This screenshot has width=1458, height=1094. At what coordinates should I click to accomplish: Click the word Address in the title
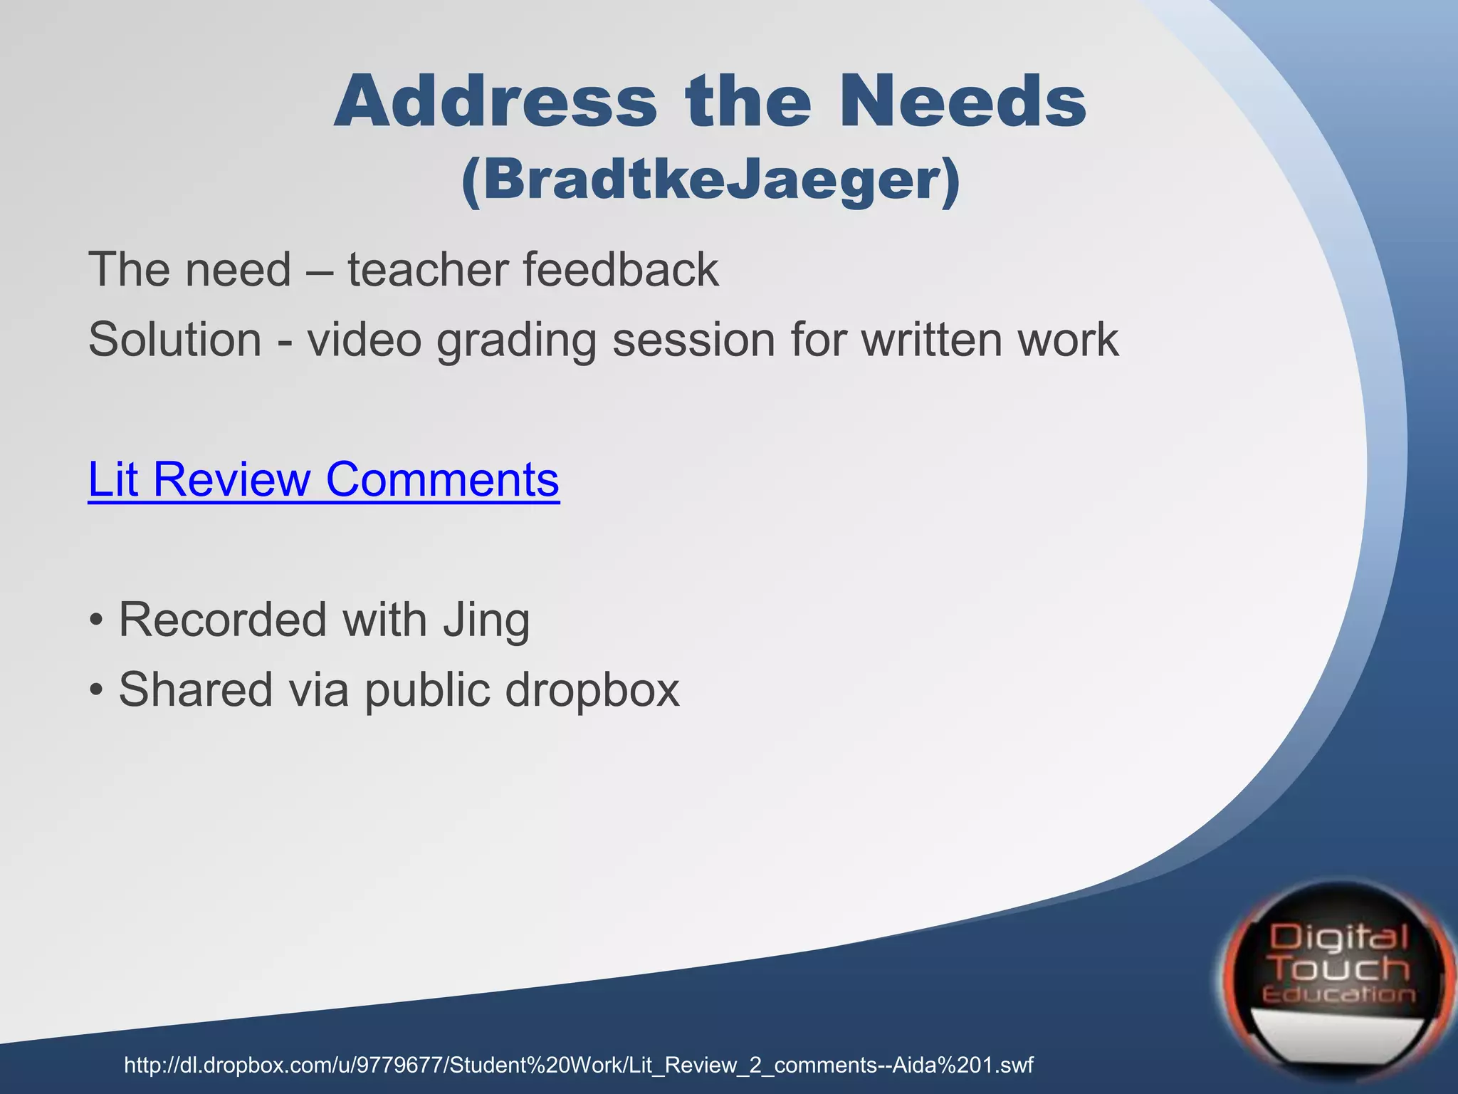coord(495,102)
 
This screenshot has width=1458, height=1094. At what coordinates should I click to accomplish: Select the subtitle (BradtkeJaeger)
coord(710,180)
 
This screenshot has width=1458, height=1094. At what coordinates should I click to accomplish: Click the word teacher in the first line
coord(427,270)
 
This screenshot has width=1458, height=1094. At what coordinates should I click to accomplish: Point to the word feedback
coord(621,270)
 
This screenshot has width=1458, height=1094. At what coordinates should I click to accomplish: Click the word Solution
coord(175,339)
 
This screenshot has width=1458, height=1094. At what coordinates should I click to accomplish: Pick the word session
coord(693,339)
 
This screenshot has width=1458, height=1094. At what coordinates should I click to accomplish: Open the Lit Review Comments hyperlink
coord(324,479)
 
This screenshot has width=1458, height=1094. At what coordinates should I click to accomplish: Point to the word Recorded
coord(222,620)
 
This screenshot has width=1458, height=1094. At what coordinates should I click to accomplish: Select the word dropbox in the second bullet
coord(592,689)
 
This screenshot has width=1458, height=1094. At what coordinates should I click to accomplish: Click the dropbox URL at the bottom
coord(578,1066)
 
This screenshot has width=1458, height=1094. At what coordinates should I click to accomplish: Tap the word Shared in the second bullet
coord(196,689)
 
